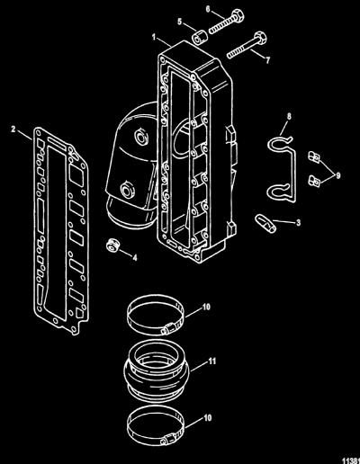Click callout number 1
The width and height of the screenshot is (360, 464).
(154, 38)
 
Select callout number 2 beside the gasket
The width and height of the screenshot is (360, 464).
(13, 129)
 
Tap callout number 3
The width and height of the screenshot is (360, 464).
(298, 223)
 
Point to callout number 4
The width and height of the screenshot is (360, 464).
(135, 257)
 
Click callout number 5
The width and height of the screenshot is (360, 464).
(180, 22)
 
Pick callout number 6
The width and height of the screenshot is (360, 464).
(208, 9)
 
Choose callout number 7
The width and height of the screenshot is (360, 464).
(267, 60)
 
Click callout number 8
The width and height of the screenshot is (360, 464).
(289, 117)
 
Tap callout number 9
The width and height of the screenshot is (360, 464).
(338, 175)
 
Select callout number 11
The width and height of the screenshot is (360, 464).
(212, 361)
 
